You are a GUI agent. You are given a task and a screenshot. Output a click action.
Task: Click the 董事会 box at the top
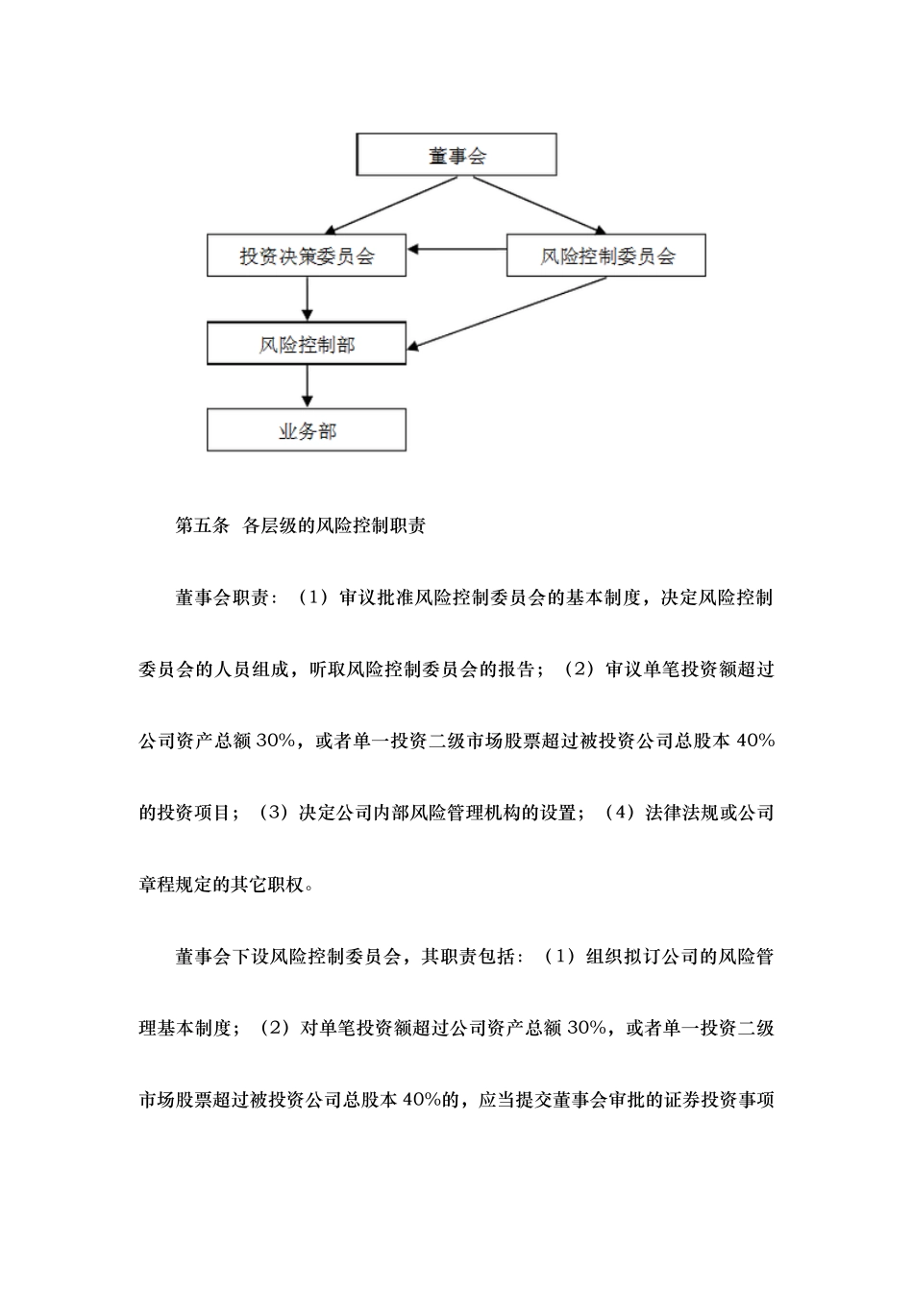click(x=456, y=156)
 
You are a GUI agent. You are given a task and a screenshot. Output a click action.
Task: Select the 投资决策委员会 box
click(x=307, y=256)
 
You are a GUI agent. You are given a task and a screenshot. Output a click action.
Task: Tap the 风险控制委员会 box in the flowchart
click(x=606, y=256)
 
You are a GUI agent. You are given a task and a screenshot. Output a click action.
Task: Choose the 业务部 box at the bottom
click(x=307, y=431)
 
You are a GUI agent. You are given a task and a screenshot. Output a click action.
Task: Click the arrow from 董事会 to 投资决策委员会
click(x=384, y=205)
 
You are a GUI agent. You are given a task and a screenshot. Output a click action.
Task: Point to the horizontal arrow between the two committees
click(x=457, y=251)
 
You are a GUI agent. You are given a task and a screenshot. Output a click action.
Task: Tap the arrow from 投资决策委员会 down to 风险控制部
click(x=307, y=300)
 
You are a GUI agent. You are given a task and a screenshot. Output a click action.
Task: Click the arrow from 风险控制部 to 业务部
click(x=307, y=387)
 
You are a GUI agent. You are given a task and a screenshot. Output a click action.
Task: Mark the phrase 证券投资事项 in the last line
click(x=718, y=1100)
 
